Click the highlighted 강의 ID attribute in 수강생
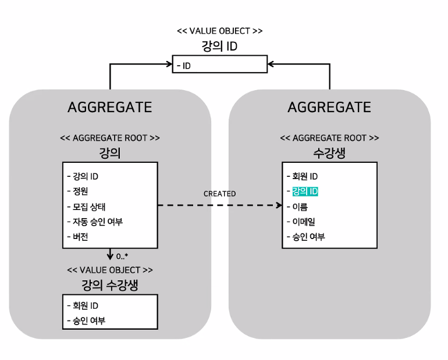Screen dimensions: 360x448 [x=305, y=191]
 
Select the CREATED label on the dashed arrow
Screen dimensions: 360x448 [x=220, y=194]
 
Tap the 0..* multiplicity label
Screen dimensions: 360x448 [x=122, y=256]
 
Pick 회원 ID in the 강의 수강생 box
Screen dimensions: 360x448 [x=84, y=305]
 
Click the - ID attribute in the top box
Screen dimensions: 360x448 [x=185, y=66]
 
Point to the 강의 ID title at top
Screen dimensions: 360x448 [x=220, y=45]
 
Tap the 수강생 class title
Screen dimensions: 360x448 [x=329, y=152]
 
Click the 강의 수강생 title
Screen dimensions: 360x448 [x=110, y=284]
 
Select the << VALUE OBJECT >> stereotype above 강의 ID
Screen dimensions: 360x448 [x=220, y=30]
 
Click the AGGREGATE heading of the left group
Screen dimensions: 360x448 [x=110, y=108]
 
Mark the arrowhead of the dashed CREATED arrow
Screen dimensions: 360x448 [x=278, y=205]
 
